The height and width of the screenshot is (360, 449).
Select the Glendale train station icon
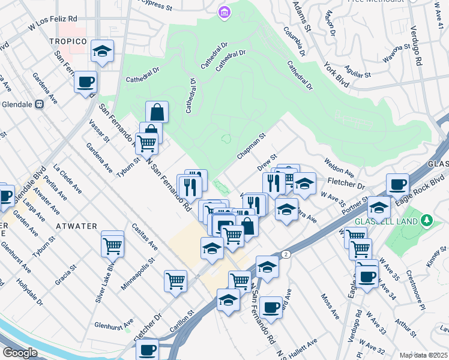pyautogui.click(x=40, y=104)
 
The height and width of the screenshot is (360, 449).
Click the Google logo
pyautogui.click(x=20, y=353)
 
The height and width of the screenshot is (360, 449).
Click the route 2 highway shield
pyautogui.click(x=286, y=254)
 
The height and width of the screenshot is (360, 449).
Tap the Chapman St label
pyautogui.click(x=251, y=146)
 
